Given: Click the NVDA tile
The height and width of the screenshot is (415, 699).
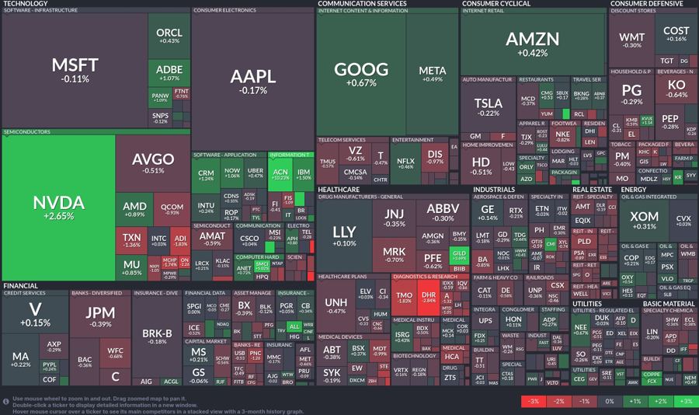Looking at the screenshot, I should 58,206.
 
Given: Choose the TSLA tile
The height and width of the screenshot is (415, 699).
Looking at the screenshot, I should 488,106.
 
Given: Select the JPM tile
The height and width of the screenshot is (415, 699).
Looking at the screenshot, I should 99,317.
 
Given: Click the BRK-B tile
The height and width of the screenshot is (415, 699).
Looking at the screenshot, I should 157,336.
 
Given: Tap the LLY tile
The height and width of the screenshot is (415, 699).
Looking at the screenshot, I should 344,235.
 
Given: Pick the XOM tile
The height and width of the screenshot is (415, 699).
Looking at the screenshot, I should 643,221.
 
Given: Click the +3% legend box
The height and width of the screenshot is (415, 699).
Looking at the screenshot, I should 685,401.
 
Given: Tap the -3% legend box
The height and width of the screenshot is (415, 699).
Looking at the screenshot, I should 534,401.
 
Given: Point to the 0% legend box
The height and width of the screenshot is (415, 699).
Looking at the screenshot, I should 610,401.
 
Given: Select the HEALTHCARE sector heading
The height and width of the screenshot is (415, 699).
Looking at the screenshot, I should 339,189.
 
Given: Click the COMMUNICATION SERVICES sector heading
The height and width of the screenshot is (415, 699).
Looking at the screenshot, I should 362,4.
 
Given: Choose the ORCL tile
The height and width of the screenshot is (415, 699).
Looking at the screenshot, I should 169,36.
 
